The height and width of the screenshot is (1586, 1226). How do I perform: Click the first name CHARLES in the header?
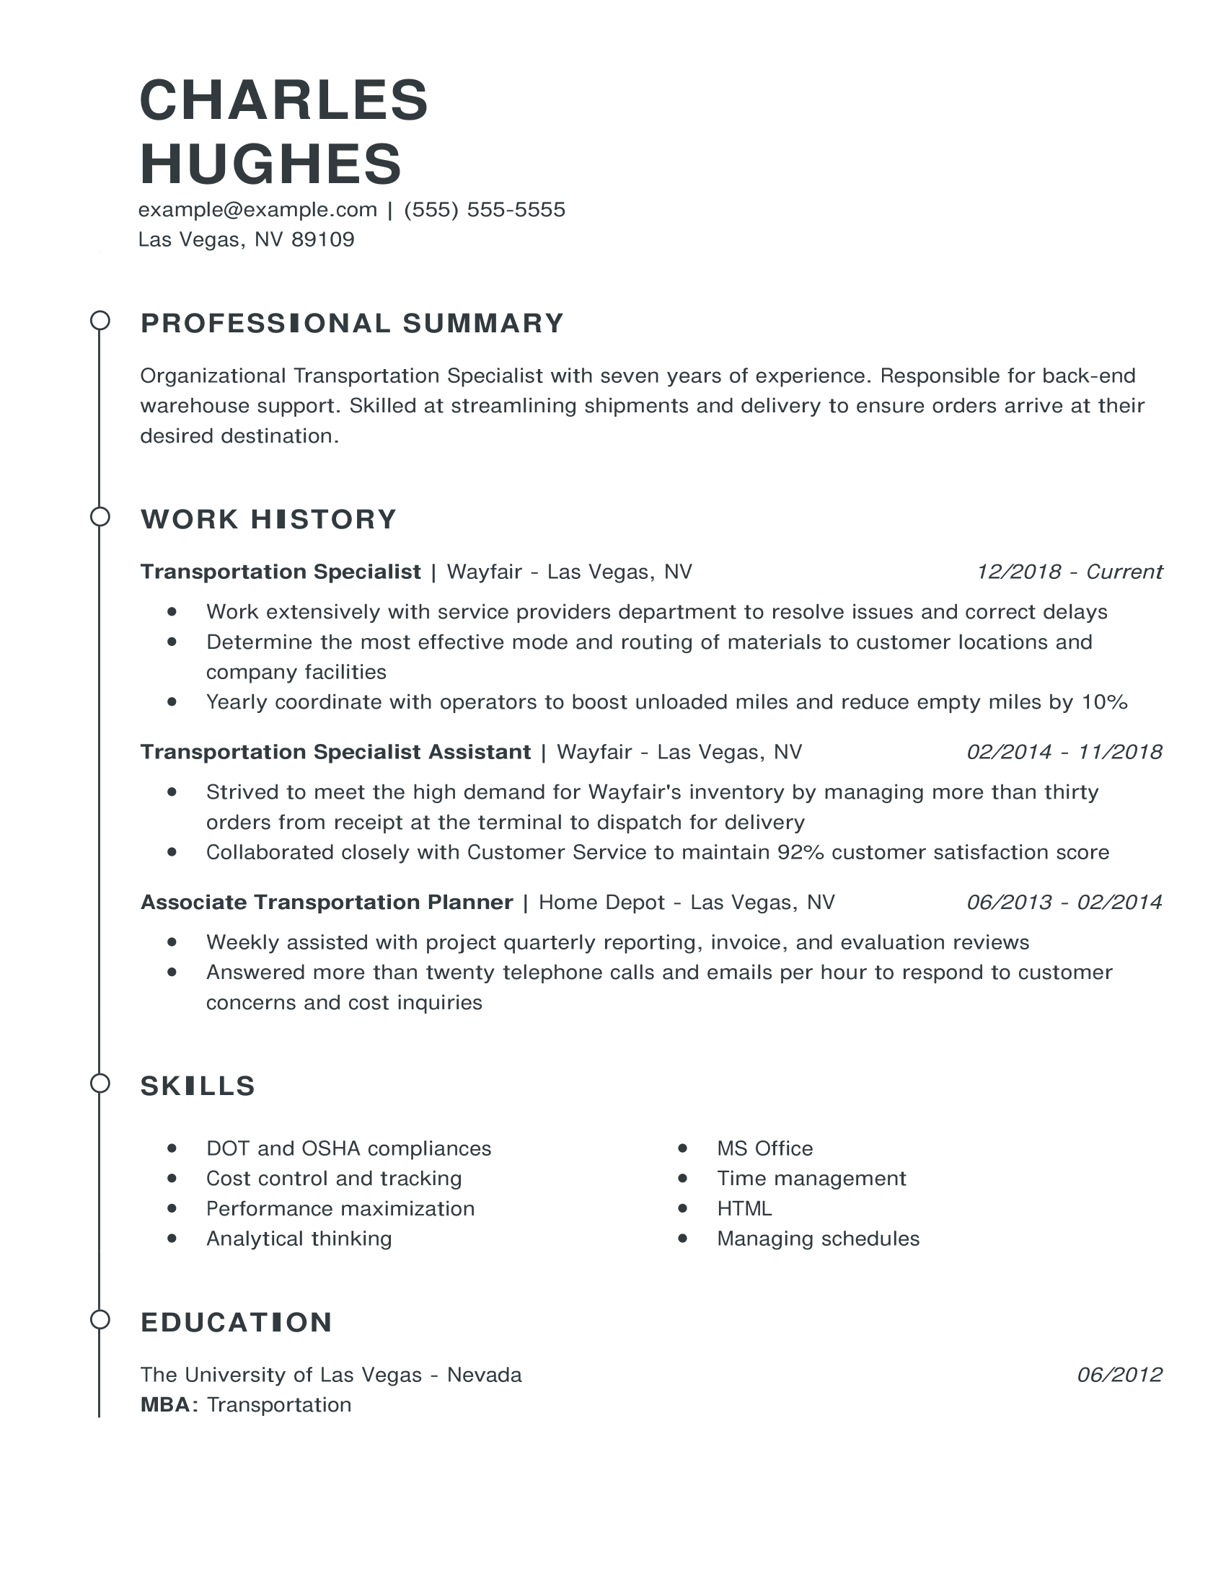click(x=283, y=100)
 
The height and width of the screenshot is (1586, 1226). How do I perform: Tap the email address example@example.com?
click(x=258, y=210)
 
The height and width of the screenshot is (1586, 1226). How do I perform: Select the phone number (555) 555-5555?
click(x=485, y=210)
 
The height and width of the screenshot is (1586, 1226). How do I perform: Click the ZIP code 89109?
click(x=322, y=239)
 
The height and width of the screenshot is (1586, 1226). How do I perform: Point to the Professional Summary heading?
click(x=352, y=323)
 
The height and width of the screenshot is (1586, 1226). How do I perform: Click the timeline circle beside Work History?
click(x=100, y=517)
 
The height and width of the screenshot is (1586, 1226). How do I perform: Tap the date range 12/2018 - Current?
click(x=1069, y=572)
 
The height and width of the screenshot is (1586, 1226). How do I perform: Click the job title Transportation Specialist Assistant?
click(x=335, y=752)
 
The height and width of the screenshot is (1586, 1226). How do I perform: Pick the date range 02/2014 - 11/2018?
click(x=1064, y=752)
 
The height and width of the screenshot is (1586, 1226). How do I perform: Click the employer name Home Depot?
click(x=601, y=903)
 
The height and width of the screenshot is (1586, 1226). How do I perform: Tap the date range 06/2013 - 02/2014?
click(x=1064, y=903)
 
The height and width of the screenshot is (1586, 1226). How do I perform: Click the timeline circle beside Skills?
click(x=100, y=1084)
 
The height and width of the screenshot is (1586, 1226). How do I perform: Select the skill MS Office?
click(x=764, y=1149)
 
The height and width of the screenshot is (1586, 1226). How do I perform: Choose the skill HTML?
click(x=744, y=1209)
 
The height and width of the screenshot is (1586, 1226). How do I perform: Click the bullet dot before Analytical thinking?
click(x=172, y=1239)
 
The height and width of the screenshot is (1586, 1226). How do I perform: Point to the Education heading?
click(x=236, y=1322)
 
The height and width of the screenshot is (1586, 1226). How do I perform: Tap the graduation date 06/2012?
click(x=1119, y=1375)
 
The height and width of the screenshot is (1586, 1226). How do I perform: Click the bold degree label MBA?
click(x=167, y=1405)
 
